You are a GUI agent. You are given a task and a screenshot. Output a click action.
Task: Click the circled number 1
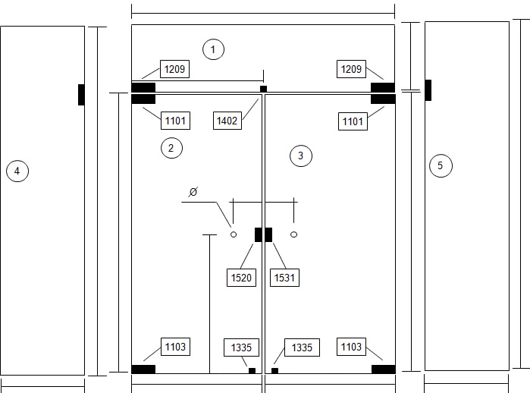213,49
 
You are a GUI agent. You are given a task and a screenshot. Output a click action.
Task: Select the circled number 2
171,148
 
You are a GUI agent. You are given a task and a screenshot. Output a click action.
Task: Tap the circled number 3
301,156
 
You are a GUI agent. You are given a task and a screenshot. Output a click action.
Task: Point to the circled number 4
17,171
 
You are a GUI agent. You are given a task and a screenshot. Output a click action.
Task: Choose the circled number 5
441,165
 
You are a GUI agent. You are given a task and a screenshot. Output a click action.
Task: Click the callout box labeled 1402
227,121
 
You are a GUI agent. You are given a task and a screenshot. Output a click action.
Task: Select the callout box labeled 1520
241,278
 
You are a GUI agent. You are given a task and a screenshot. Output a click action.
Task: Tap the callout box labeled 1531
284,278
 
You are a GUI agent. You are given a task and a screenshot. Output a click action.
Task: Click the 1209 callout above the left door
174,69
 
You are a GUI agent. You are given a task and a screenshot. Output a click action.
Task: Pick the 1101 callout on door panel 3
353,121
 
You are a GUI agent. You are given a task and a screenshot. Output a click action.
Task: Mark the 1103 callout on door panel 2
175,347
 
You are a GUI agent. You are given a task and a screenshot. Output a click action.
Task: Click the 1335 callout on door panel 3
303,347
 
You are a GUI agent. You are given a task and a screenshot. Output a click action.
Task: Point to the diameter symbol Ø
193,192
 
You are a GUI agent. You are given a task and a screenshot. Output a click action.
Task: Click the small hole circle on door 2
234,234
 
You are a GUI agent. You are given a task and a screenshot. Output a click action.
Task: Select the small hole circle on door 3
293,234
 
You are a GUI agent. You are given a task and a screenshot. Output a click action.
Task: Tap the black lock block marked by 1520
259,234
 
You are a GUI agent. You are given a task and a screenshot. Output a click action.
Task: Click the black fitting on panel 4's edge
81,95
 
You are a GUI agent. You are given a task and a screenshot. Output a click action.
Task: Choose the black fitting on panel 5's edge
428,90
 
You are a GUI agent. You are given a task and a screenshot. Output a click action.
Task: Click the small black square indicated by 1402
263,89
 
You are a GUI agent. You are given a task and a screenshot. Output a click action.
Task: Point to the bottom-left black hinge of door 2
143,369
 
